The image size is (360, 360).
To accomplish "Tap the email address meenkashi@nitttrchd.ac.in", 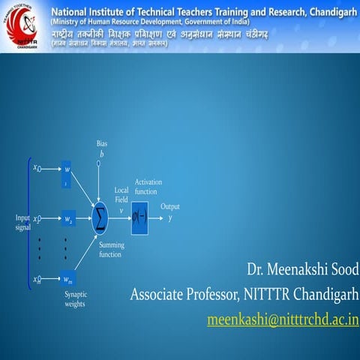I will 283,320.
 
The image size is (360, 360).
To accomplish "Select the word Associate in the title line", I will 160,293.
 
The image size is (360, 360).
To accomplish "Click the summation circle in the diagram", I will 100,217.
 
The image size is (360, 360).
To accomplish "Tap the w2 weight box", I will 70,220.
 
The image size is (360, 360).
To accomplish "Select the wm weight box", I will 70,280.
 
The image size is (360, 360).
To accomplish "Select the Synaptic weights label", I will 75,299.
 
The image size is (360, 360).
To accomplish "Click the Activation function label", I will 148,187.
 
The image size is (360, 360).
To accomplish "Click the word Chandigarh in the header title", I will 328,12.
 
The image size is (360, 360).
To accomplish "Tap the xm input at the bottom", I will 37,280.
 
